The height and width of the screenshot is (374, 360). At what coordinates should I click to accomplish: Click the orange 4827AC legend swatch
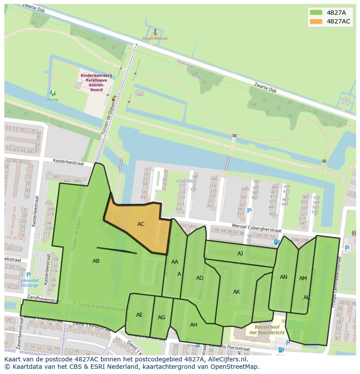tap(316, 21)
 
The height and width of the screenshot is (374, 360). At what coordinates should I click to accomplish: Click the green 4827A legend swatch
tap(316, 13)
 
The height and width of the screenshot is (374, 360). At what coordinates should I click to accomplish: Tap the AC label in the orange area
tap(141, 224)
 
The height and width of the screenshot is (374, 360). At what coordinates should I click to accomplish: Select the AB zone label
tap(96, 261)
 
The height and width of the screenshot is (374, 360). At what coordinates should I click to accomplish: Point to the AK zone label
tap(237, 292)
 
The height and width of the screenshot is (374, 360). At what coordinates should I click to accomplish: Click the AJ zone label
tap(240, 254)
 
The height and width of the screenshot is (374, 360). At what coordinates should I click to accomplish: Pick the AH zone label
tap(193, 324)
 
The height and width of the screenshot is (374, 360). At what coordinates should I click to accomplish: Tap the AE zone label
tap(139, 315)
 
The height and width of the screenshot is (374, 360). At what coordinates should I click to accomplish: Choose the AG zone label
tap(161, 318)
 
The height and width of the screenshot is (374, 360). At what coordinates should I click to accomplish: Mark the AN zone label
tap(283, 277)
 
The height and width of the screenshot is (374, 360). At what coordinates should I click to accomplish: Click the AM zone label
tap(303, 278)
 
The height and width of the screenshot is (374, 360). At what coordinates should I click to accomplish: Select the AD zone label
tap(200, 278)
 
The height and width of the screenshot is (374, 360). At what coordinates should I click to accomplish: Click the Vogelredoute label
tap(155, 38)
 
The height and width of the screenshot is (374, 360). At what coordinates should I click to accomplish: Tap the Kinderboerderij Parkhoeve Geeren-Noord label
tap(96, 80)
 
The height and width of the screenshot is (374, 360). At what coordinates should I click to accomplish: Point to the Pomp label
tap(53, 99)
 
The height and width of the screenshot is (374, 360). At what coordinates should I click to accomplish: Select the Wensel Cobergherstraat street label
tap(257, 228)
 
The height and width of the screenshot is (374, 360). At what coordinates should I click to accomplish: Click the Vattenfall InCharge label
tap(29, 283)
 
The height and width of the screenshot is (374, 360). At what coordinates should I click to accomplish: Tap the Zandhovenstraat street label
tap(42, 299)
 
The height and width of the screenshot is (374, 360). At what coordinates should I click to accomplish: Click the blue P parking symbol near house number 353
tap(249, 211)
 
